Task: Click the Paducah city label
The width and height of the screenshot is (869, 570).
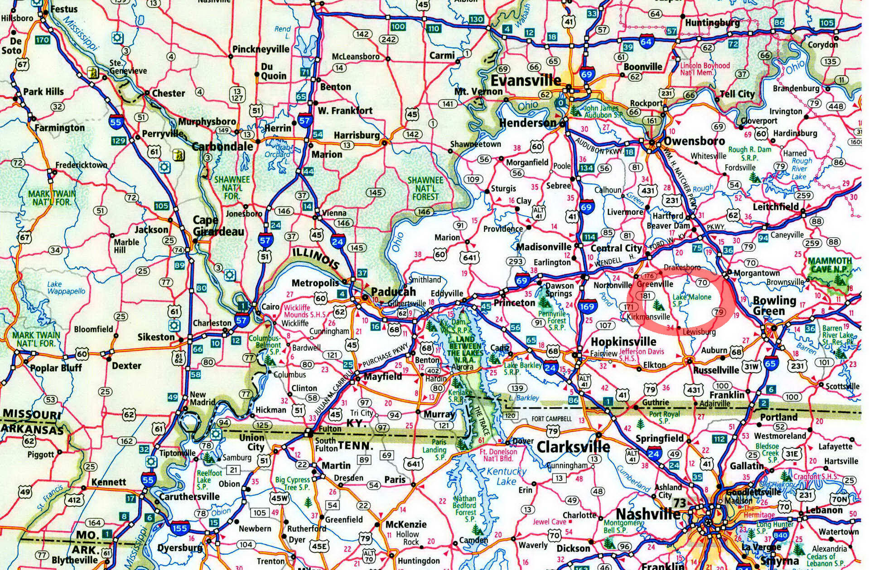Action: click(393, 292)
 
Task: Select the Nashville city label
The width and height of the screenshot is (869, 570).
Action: click(647, 514)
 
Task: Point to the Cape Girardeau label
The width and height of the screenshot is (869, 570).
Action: click(218, 226)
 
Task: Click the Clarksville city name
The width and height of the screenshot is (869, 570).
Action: click(573, 447)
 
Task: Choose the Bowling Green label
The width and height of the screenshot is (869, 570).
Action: click(774, 306)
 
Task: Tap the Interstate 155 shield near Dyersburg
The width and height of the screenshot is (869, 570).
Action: click(180, 528)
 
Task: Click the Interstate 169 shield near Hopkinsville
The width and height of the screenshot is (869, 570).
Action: click(587, 307)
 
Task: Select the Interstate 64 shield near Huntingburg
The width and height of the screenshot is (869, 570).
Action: click(646, 42)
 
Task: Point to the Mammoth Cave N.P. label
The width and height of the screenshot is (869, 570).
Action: click(830, 265)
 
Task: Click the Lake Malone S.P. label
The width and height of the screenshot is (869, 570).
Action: click(691, 300)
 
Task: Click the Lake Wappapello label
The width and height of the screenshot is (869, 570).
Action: click(66, 287)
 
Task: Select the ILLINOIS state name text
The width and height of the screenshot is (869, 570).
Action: click(315, 258)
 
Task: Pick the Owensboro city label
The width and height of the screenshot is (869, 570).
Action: click(694, 141)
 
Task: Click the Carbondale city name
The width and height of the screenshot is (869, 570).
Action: click(222, 146)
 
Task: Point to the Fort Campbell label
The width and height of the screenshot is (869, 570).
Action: click(551, 419)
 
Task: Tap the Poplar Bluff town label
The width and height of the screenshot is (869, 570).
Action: click(56, 367)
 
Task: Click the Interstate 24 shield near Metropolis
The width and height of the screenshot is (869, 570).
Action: click(338, 241)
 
